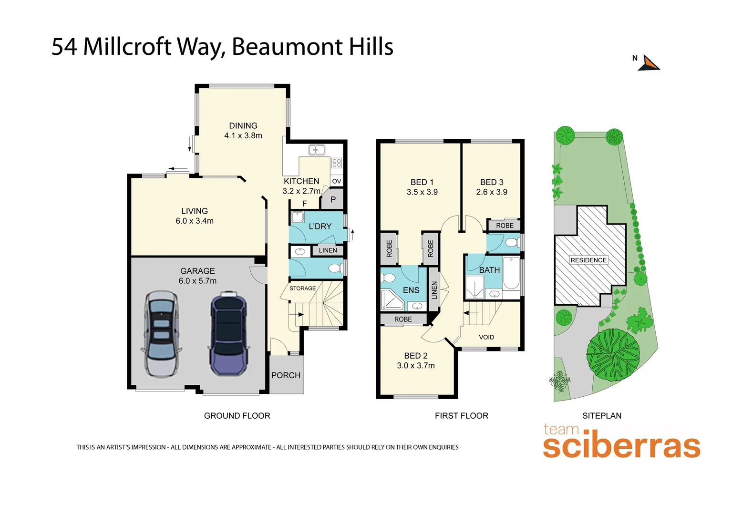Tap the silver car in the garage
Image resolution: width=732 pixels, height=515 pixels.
click(162, 333)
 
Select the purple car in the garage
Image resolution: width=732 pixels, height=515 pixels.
click(229, 333)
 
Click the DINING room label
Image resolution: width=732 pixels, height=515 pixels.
click(243, 126)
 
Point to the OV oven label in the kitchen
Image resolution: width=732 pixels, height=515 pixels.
click(337, 181)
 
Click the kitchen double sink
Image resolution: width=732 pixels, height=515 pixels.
click(317, 150)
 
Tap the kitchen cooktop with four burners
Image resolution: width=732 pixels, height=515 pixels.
click(337, 163)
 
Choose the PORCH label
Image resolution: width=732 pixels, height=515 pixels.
click(286, 375)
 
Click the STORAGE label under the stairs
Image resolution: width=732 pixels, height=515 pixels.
click(302, 288)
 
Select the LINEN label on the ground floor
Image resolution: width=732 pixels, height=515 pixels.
click(328, 250)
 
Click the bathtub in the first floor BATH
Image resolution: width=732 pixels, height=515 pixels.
click(511, 274)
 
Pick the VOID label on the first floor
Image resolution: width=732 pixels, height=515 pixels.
click(486, 337)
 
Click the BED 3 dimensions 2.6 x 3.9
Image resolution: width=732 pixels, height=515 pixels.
click(492, 192)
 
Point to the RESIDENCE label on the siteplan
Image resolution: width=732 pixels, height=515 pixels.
click(588, 260)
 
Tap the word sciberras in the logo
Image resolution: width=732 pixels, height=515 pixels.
click(621, 446)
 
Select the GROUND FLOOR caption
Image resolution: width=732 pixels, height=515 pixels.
click(237, 416)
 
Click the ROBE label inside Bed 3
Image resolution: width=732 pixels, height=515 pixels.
click(505, 226)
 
